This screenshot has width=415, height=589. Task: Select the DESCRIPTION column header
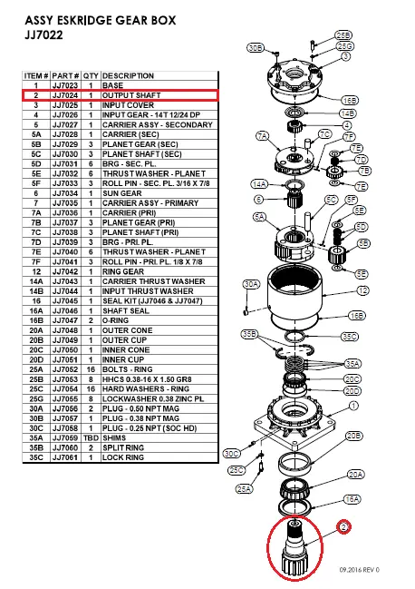pyautogui.click(x=128, y=75)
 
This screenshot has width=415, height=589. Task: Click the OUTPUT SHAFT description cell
pyautogui.click(x=128, y=93)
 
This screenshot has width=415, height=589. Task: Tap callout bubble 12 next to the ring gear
pyautogui.click(x=362, y=290)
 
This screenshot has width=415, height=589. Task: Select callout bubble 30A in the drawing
pyautogui.click(x=252, y=284)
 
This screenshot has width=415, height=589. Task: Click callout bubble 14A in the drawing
pyautogui.click(x=258, y=183)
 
